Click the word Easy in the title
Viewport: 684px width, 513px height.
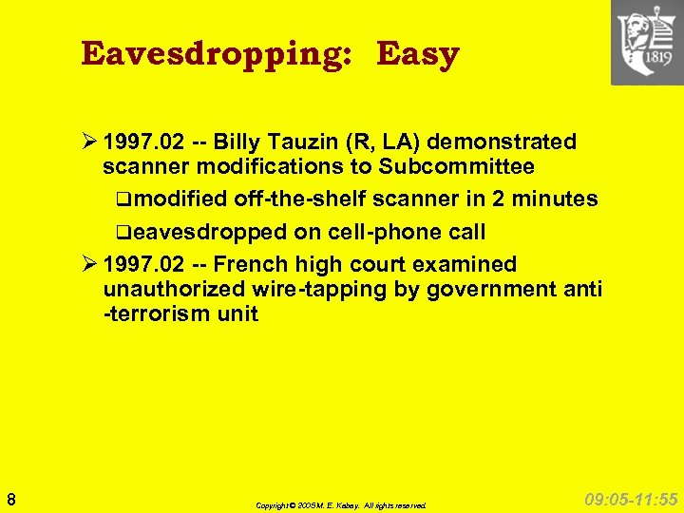pos(418,54)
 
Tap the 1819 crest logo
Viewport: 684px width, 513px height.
pos(647,43)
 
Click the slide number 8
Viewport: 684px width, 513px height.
pos(9,499)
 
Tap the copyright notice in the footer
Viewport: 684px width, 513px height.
pos(341,505)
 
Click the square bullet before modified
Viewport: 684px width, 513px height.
pos(114,200)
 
